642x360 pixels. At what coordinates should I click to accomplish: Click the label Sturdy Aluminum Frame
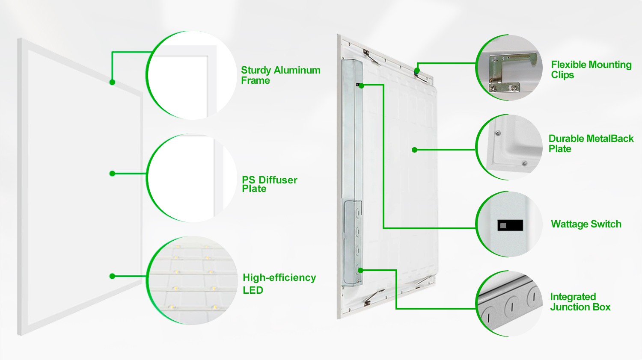[281, 75]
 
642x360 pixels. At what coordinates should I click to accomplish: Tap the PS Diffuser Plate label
[269, 184]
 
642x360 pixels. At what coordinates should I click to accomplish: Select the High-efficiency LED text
[279, 283]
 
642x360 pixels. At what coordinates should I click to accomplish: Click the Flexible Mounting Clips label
[591, 70]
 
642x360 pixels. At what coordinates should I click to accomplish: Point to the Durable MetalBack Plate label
[591, 144]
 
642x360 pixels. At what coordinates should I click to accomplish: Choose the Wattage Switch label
[586, 224]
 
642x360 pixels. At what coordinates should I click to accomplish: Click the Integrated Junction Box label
[580, 302]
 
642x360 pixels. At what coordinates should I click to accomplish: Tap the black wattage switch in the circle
[510, 225]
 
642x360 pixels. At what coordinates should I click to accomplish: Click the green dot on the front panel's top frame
[112, 82]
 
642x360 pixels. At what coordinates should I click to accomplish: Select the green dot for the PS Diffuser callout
[112, 174]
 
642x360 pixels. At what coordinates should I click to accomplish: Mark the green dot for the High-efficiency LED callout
[112, 276]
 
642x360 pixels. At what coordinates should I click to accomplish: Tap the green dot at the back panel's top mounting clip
[417, 71]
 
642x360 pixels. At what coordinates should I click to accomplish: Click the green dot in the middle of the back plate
[414, 150]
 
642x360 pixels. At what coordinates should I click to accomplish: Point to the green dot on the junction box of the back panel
[360, 270]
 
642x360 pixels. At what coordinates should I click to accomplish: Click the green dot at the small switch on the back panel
[361, 86]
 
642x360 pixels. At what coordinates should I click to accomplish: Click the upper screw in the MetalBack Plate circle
[498, 133]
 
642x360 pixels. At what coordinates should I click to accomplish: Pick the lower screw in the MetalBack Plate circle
[524, 163]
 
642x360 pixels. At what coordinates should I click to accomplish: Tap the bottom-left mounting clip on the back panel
[373, 297]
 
